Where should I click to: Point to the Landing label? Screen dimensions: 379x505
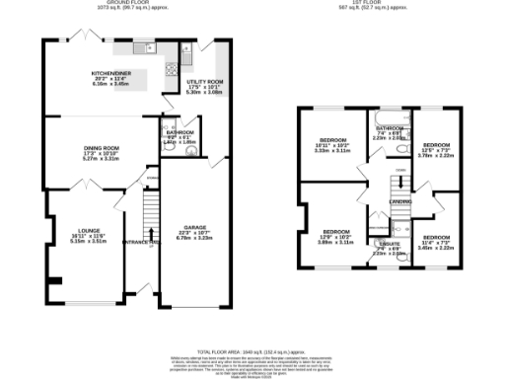tap(399, 202)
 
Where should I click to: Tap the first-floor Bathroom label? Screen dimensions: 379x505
tap(389, 132)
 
